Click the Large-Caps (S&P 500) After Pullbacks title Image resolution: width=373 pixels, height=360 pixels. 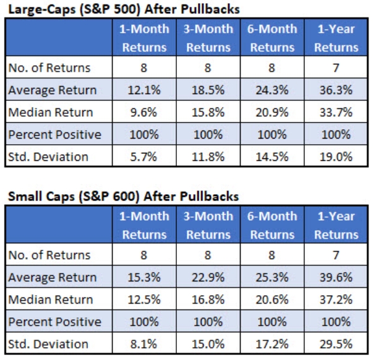pyautogui.click(x=124, y=10)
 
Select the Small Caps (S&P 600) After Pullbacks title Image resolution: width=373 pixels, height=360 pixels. pyautogui.click(x=124, y=197)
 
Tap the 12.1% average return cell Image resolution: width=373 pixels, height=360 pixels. pyautogui.click(x=144, y=90)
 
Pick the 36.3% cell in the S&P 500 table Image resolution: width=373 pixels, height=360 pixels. pyautogui.click(x=336, y=90)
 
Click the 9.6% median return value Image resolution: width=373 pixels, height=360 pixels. pyautogui.click(x=144, y=113)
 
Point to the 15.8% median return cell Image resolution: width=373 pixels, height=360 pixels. pyautogui.click(x=208, y=113)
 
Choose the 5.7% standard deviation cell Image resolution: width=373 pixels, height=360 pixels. pyautogui.click(x=144, y=156)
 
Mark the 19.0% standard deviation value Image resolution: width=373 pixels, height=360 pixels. pyautogui.click(x=336, y=156)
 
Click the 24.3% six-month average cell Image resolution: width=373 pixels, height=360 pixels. pyautogui.click(x=272, y=90)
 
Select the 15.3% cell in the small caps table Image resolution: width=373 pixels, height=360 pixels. pyautogui.click(x=144, y=278)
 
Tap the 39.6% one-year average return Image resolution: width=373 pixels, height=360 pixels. pyautogui.click(x=336, y=278)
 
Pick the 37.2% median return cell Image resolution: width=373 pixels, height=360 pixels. pyautogui.click(x=336, y=299)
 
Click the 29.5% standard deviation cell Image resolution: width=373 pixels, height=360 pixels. pyautogui.click(x=336, y=344)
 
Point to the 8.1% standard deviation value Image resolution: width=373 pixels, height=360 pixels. pyautogui.click(x=144, y=344)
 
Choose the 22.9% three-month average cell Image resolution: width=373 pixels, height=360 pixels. pyautogui.click(x=208, y=278)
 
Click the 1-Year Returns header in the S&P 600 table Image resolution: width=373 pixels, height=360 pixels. pyautogui.click(x=336, y=225)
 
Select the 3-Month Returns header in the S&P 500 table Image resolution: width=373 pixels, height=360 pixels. pyautogui.click(x=208, y=38)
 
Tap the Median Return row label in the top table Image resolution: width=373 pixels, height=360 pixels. pyautogui.click(x=51, y=113)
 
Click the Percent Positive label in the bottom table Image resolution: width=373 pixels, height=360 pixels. pyautogui.click(x=54, y=322)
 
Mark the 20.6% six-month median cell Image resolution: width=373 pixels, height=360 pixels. pyautogui.click(x=272, y=299)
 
